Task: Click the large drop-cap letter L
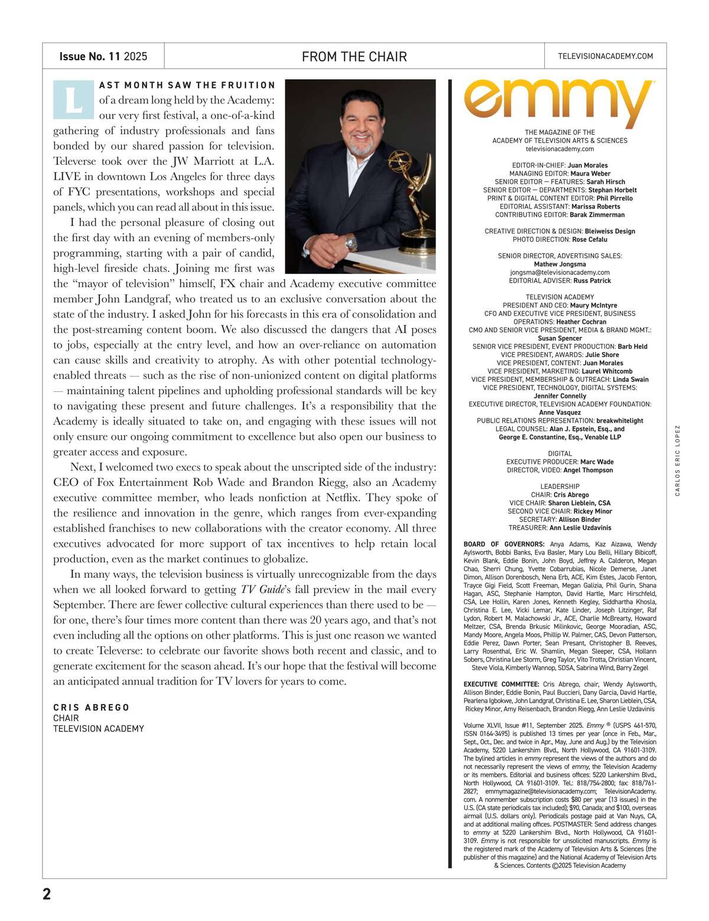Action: coord(73,99)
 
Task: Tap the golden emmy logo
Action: coord(559,103)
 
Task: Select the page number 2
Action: coord(47,893)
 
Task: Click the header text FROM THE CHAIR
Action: coord(354,57)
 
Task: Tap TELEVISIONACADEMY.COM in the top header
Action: coord(605,56)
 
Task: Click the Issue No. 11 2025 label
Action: coord(103,57)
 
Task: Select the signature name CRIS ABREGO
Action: coord(91,708)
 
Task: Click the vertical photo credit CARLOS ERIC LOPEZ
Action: coord(678,460)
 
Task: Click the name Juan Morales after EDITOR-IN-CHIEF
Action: coord(587,166)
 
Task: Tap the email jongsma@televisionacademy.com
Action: coord(560,273)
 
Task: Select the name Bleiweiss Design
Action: coord(610,231)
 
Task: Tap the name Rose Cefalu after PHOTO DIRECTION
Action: coord(589,239)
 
